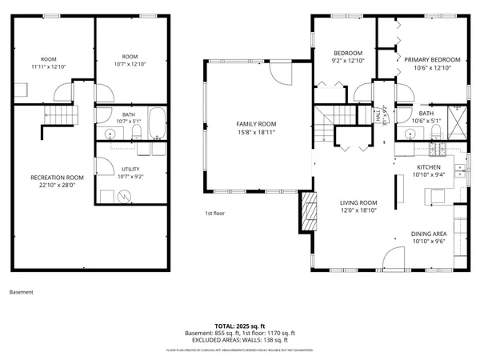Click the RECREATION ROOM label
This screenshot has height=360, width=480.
point(57,177)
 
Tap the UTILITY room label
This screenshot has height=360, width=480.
point(131,169)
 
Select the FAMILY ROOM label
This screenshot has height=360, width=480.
point(255,124)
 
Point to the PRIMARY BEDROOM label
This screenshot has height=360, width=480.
point(432,60)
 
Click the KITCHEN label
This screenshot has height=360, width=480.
point(428,166)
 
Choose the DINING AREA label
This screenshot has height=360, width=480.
point(429,234)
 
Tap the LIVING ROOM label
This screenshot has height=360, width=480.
point(358,203)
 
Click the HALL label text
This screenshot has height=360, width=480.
point(378,115)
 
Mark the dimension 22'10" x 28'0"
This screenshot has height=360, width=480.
point(57,185)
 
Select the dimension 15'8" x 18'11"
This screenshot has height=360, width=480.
point(255,133)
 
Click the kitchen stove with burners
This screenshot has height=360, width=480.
point(438,149)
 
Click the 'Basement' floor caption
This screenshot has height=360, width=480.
point(22,292)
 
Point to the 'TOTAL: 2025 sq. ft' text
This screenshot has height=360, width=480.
point(239,326)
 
